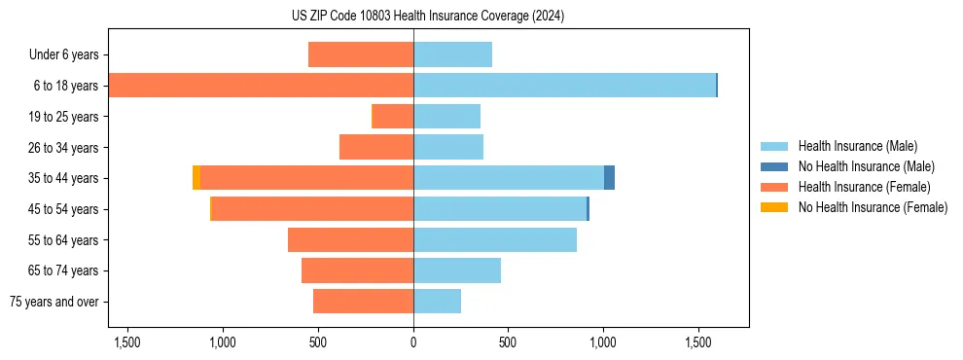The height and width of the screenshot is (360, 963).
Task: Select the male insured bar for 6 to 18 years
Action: (564, 86)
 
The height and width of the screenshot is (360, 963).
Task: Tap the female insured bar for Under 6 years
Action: (361, 54)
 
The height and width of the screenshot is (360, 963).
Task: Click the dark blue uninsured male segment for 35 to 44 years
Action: (609, 178)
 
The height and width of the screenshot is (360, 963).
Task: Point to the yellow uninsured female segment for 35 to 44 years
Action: (196, 178)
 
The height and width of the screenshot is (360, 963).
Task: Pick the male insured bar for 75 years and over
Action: (437, 302)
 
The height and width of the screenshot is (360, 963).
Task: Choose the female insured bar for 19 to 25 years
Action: (393, 117)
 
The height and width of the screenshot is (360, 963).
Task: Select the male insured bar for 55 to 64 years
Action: (495, 239)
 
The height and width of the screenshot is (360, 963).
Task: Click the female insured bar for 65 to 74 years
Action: (357, 270)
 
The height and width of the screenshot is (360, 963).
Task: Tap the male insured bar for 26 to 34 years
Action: (448, 147)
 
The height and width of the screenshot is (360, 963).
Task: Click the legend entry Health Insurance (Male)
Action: (857, 146)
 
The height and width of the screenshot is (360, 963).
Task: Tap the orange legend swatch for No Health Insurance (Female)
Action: (774, 207)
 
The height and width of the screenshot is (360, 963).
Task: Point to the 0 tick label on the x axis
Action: (413, 342)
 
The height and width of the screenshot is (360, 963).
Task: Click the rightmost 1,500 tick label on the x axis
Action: (699, 342)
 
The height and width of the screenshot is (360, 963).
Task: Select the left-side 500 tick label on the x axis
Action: (318, 342)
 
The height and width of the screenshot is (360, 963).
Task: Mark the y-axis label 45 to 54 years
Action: (64, 209)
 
